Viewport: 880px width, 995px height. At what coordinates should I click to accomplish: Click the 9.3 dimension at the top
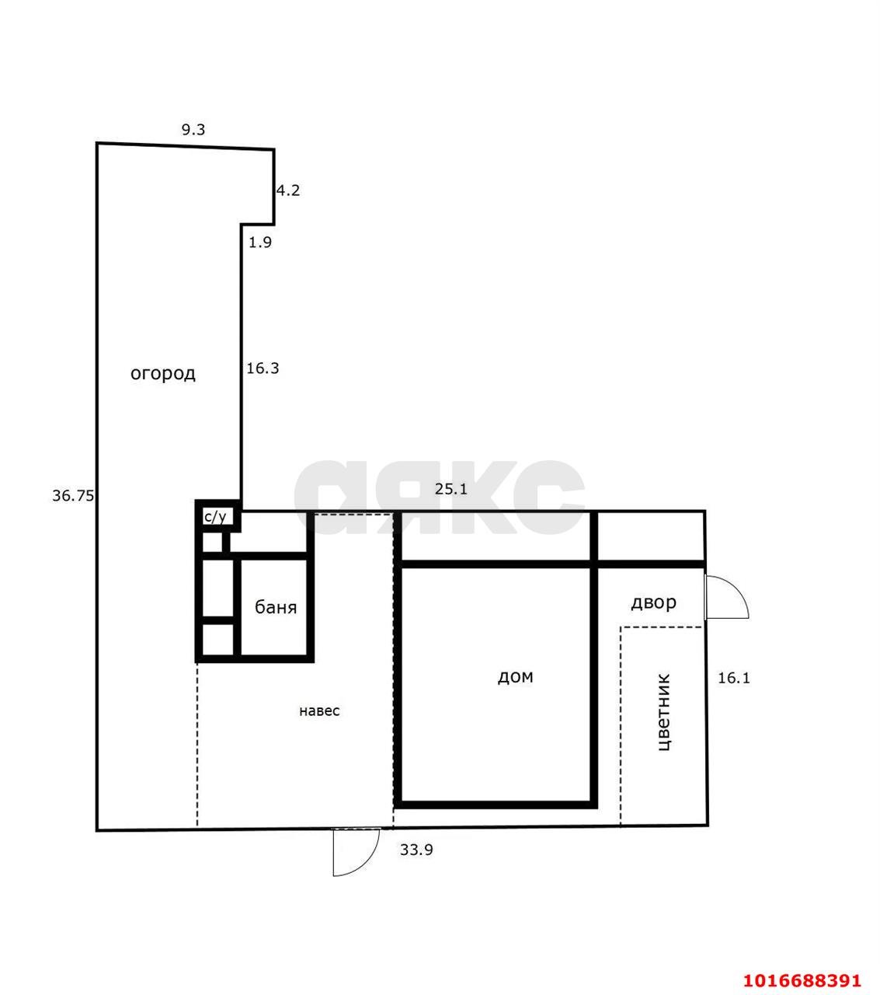tap(193, 130)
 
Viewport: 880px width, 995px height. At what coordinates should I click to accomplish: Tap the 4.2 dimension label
tap(287, 190)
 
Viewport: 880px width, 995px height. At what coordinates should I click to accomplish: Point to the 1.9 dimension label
tap(259, 242)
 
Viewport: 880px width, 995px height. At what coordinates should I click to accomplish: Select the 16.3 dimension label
tap(263, 368)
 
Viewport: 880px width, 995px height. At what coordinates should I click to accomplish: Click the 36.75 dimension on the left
tap(73, 495)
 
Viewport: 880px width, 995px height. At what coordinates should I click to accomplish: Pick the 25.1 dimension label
tap(451, 489)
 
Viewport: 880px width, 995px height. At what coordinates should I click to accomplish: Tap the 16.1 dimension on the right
tap(734, 678)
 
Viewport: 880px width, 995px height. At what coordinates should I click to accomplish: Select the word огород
tap(163, 374)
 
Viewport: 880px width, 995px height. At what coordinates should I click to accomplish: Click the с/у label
tap(215, 517)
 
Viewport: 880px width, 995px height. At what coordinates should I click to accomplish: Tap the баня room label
tap(276, 608)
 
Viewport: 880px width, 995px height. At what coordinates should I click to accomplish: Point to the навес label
tap(319, 710)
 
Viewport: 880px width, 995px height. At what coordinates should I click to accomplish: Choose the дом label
tap(515, 677)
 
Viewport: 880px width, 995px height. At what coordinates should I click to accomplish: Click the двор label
tap(654, 603)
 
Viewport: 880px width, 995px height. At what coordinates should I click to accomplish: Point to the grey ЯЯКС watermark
tap(440, 497)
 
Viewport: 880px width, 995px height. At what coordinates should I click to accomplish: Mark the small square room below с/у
tap(212, 543)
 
